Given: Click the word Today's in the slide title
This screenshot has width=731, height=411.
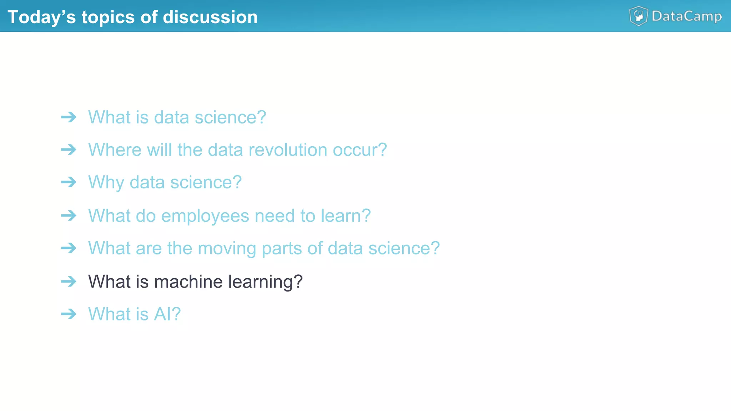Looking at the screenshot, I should [x=41, y=17].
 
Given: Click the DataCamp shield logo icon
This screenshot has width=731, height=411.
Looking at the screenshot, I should [x=638, y=16].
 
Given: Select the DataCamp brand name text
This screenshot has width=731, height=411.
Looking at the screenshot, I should [x=687, y=16].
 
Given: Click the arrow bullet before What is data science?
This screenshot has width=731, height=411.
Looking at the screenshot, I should [x=69, y=117].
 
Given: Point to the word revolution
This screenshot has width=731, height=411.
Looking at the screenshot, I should [x=288, y=150].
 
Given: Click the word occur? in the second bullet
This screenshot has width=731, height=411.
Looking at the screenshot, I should [x=360, y=150].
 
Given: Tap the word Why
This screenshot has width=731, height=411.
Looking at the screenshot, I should [x=106, y=182].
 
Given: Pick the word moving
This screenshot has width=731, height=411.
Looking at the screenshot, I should [x=227, y=248].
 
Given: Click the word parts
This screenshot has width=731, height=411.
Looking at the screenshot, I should [x=282, y=248].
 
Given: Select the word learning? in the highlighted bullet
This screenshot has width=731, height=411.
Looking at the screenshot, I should [x=265, y=282].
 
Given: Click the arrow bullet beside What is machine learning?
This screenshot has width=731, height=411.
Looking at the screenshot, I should [x=69, y=281].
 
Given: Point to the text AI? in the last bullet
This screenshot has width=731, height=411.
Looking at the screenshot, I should [x=167, y=314].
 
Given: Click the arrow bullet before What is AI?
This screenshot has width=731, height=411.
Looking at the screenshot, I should [x=69, y=314].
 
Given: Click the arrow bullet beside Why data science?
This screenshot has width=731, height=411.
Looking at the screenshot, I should [x=69, y=182].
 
